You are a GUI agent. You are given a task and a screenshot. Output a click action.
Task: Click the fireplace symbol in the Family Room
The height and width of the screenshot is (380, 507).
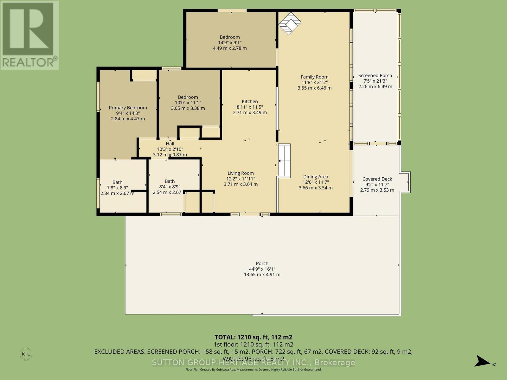tap(289, 23)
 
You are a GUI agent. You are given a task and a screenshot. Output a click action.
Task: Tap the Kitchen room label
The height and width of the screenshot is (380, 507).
tap(250, 102)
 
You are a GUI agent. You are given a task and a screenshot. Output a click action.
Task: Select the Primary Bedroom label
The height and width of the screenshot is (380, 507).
tap(128, 108)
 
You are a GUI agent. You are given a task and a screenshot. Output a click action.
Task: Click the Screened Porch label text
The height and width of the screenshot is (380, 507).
tap(375, 76)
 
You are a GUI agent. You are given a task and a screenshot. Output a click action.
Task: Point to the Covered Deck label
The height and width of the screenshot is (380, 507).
tap(377, 179)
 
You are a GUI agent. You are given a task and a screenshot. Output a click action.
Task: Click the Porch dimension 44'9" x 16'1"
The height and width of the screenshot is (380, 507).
tap(262, 269)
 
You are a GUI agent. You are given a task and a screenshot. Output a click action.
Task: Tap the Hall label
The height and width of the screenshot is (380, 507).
tap(170, 144)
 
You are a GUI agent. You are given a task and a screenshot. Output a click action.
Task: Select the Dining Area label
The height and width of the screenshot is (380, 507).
tap(315, 177)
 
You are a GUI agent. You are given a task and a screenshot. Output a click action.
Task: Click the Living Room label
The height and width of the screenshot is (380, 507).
tap(241, 173)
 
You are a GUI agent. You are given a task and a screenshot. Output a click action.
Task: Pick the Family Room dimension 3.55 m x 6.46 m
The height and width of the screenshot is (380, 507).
tap(314, 88)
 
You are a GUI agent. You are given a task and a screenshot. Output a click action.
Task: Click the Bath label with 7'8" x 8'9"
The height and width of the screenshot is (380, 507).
tap(117, 182)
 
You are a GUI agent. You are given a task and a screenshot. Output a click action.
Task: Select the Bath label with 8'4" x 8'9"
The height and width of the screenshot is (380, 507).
tap(170, 181)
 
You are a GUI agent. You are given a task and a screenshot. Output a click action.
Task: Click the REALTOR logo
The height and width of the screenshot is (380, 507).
tap(29, 35)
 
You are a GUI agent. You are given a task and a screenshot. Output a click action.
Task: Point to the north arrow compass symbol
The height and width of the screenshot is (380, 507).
tap(484, 361)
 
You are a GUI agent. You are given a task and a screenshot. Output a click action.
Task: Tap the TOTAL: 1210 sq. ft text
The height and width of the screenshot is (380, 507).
tap(253, 337)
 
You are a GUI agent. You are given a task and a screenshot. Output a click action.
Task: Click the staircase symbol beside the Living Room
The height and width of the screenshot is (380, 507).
tap(284, 161)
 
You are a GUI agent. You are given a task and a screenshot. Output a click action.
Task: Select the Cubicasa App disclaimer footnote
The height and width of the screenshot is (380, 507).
tap(253, 370)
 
